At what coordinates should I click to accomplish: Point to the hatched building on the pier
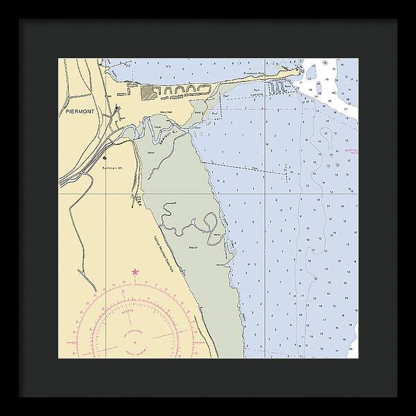pyautogui.click(x=148, y=91)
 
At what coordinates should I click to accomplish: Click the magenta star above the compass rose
pyautogui.click(x=135, y=271)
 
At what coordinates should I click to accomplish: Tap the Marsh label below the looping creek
pyautogui.click(x=193, y=246)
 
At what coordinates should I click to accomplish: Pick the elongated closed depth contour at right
pyautogui.click(x=305, y=236)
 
